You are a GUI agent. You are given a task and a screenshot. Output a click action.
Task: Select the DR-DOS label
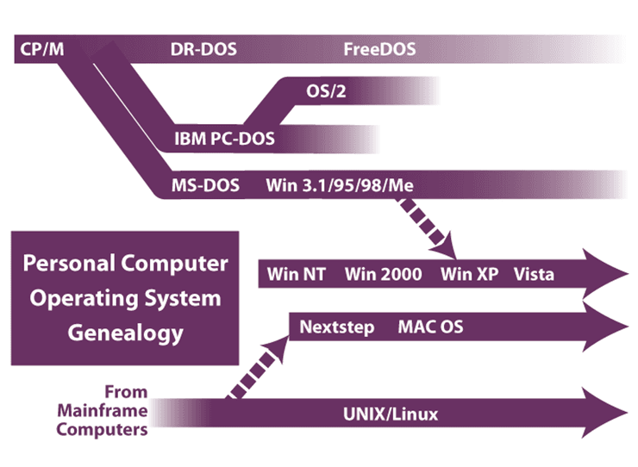tap(203, 49)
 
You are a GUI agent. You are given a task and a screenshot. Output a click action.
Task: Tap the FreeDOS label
tap(379, 49)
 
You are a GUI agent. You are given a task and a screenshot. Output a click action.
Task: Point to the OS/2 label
tap(326, 90)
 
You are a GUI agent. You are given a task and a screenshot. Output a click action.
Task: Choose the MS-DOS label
tap(201, 184)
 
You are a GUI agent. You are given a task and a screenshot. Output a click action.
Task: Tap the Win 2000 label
tap(384, 275)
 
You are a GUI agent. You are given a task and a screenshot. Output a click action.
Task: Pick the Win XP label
tap(469, 275)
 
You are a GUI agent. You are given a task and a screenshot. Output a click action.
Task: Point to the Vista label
tap(534, 275)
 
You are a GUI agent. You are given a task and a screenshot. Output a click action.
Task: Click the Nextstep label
tap(337, 327)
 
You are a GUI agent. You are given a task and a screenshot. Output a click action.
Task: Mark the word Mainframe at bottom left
tap(102, 411)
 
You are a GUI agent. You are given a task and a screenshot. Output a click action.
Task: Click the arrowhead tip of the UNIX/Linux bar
tap(627, 414)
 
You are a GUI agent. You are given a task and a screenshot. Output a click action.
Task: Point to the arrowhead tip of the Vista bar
tap(627, 275)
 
